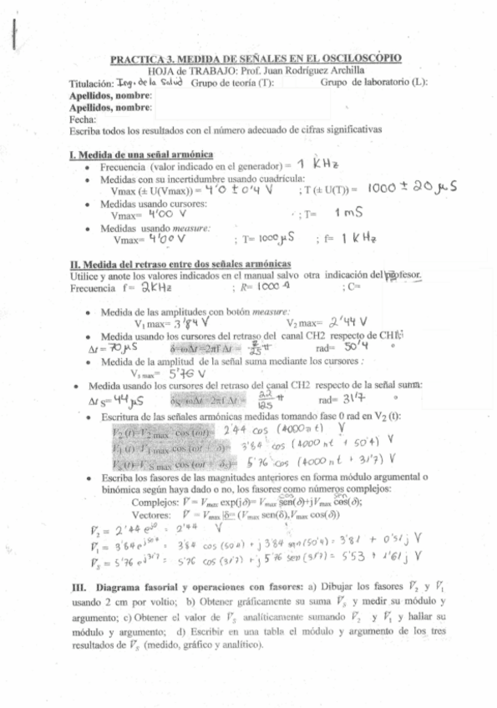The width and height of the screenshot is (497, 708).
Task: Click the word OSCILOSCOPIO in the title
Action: tap(360, 59)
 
